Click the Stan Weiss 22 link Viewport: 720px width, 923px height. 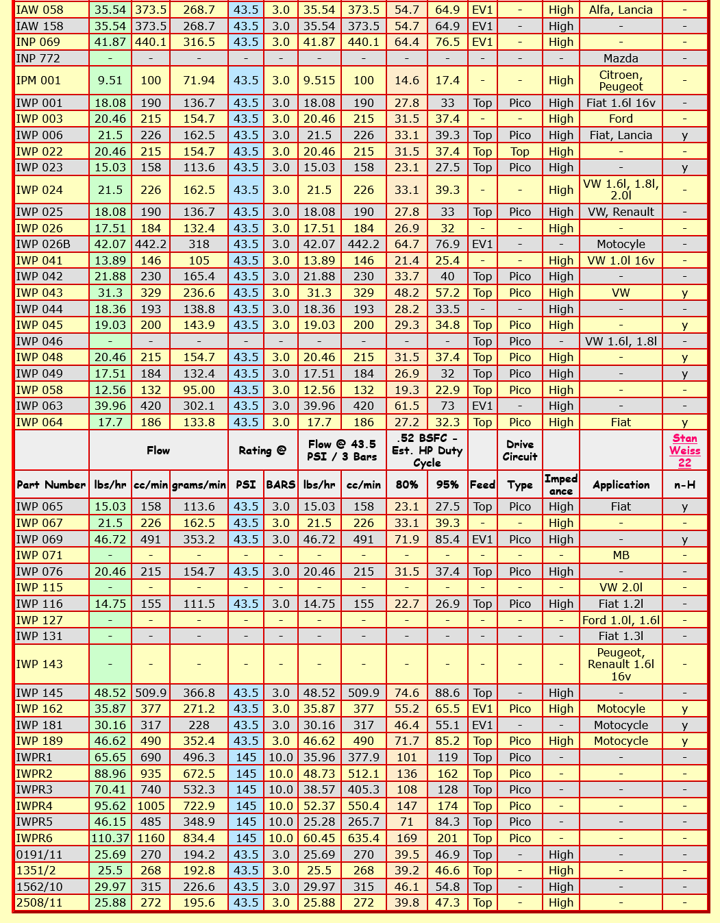pos(684,450)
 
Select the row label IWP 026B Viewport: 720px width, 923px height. pos(43,244)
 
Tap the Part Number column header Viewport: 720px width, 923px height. pos(51,484)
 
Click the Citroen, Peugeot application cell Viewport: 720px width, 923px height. pos(621,80)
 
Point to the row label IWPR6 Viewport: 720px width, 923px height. pos(34,838)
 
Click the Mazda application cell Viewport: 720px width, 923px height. pos(621,58)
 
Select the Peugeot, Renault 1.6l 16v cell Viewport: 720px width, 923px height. pos(621,664)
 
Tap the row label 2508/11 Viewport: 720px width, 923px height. pos(39,902)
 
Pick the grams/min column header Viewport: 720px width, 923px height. pos(199,484)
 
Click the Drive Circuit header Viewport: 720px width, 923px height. pos(520,450)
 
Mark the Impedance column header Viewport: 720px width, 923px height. pos(560,484)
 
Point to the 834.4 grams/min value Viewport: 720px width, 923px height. pos(199,838)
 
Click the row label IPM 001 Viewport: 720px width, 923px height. pos(38,80)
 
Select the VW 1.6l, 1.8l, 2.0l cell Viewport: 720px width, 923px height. pos(621,190)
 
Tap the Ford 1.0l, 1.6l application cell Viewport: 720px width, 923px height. pos(621,620)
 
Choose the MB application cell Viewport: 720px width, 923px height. pos(621,555)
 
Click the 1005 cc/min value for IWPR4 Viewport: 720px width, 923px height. pos(151,806)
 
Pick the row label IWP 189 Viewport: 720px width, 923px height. pos(39,741)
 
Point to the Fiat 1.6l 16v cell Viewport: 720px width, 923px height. pos(621,103)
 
